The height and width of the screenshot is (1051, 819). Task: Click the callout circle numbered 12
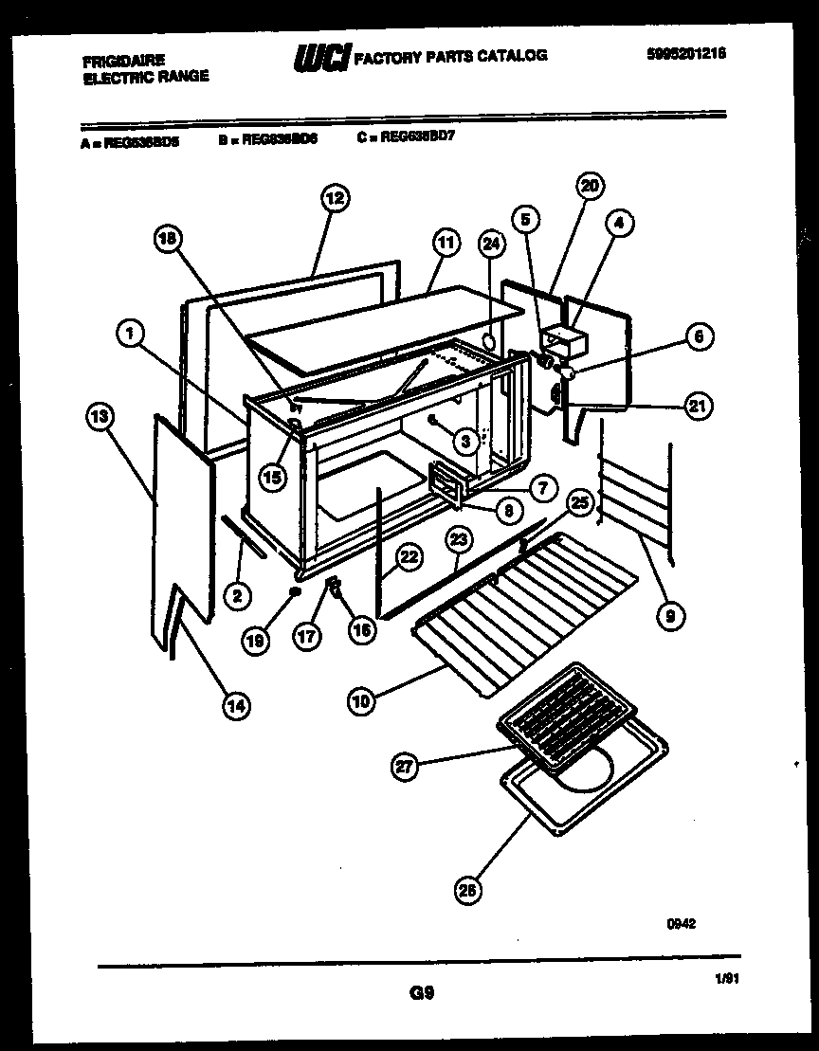click(334, 198)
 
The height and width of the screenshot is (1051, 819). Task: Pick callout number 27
click(406, 768)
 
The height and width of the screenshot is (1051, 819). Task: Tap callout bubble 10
click(360, 701)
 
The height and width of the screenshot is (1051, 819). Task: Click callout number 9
click(671, 617)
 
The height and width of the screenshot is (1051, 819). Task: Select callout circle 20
click(591, 186)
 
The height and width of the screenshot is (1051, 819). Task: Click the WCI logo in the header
click(323, 57)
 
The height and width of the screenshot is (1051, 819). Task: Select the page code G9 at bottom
click(422, 993)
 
